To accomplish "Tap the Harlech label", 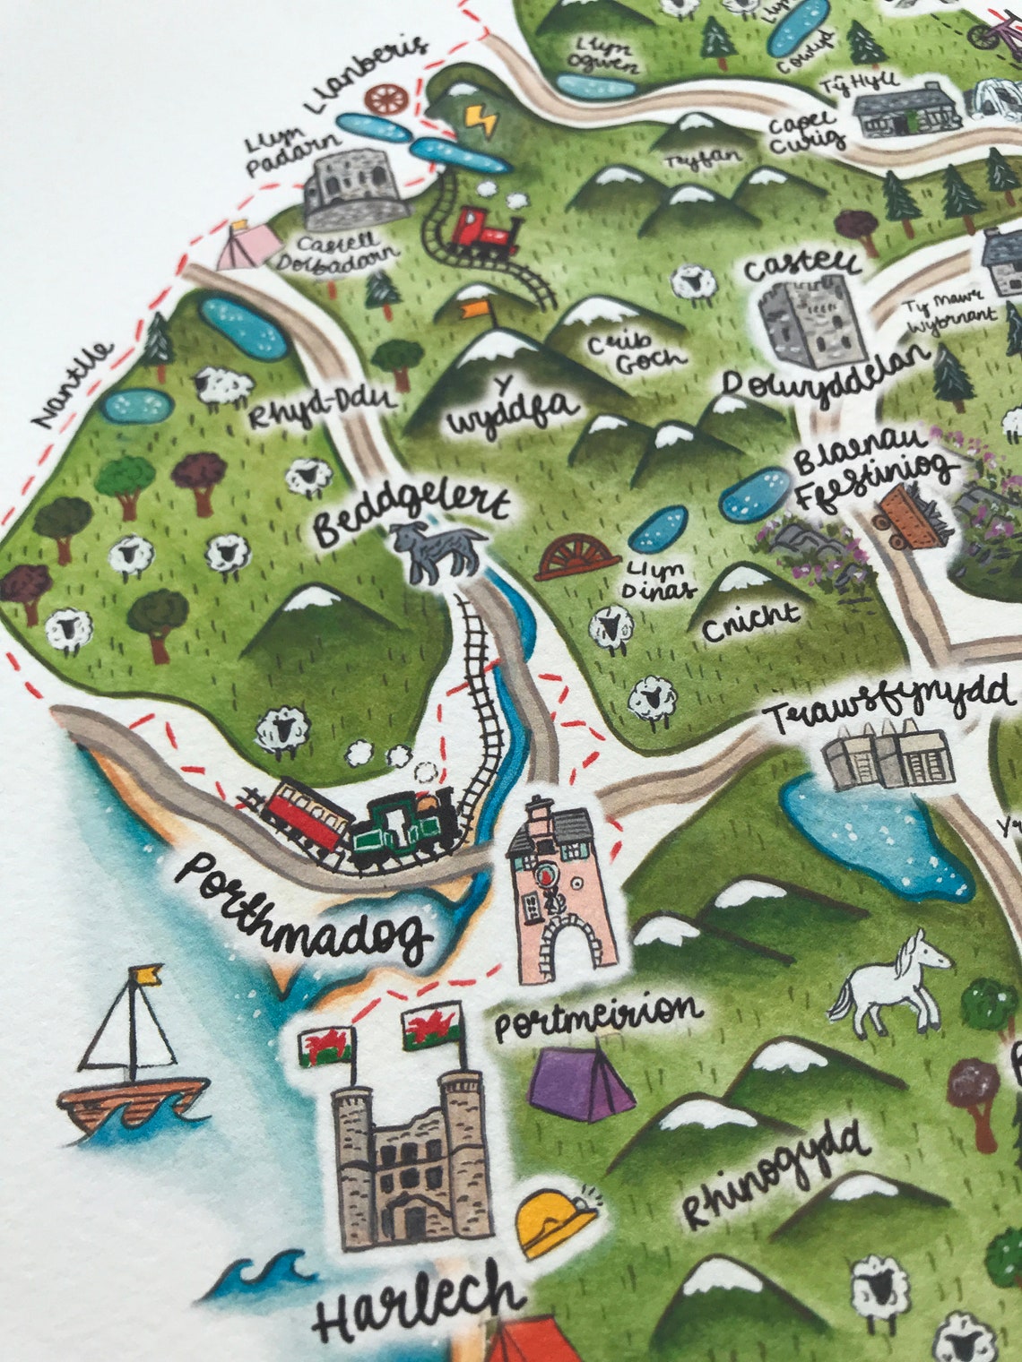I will (x=418, y=1307).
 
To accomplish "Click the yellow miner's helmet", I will (x=556, y=1220).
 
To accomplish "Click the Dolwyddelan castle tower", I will (x=801, y=323).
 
